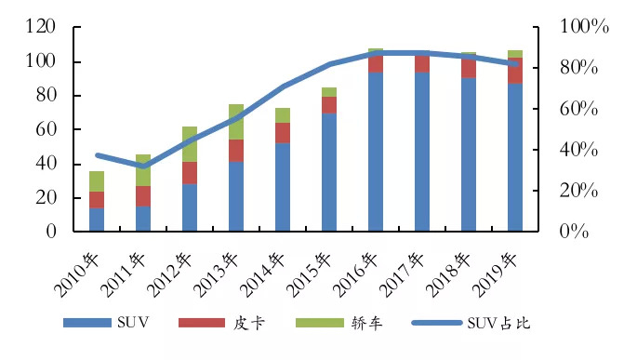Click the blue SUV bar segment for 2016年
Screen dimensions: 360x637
[x=376, y=158]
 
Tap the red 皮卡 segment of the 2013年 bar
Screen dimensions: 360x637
[x=236, y=151]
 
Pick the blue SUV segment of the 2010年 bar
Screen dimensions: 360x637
[x=97, y=220]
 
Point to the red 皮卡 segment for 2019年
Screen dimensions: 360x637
[x=515, y=71]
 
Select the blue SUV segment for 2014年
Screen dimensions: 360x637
[x=283, y=187]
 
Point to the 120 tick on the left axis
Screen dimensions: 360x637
[x=41, y=28]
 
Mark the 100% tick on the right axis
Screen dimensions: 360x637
[x=585, y=28]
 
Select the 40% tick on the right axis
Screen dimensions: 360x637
[x=585, y=150]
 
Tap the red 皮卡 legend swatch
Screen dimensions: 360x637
[x=203, y=323]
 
